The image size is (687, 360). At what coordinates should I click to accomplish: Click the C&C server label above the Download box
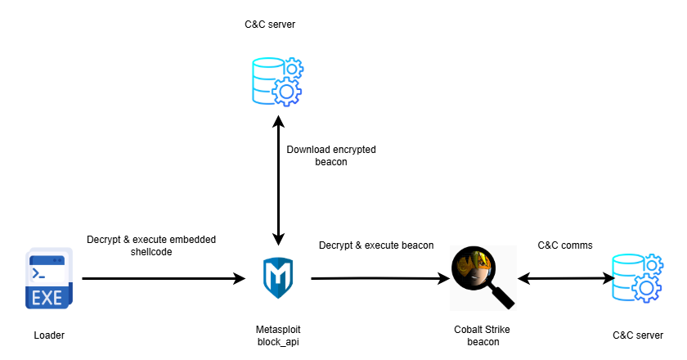[270, 25]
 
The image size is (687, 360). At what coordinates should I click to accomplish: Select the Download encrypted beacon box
[330, 155]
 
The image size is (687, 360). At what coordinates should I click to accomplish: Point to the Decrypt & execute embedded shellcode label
[151, 245]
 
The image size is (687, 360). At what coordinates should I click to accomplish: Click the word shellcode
[152, 252]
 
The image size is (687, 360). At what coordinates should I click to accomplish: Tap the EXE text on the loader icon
[47, 298]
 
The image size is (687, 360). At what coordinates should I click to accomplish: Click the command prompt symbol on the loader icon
[38, 272]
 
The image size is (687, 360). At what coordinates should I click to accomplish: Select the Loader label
[49, 335]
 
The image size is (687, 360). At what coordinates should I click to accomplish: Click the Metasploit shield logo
[278, 278]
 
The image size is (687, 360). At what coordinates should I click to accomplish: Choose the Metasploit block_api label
[278, 335]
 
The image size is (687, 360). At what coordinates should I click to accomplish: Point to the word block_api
[278, 341]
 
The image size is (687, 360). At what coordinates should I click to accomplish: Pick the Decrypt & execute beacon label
[376, 245]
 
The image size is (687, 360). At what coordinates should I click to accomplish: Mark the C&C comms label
[565, 245]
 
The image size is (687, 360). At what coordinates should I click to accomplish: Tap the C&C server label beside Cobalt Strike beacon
[638, 335]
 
